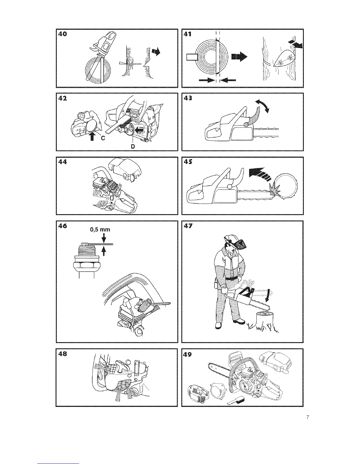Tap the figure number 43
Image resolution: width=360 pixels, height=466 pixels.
(x=188, y=98)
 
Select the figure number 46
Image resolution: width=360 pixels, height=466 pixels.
(x=62, y=226)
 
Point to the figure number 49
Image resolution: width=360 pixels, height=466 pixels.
(x=188, y=354)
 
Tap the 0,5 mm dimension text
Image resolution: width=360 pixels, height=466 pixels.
(x=101, y=229)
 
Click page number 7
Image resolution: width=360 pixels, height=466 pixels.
(x=307, y=417)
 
